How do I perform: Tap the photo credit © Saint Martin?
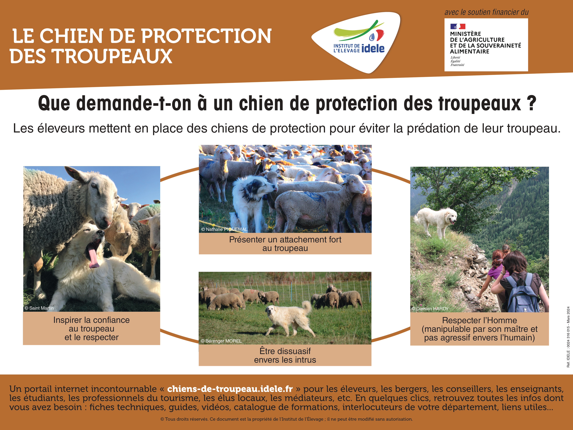coord(39,308)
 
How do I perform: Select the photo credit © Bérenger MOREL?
coord(221,341)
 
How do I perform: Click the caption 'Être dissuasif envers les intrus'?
coord(285,355)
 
